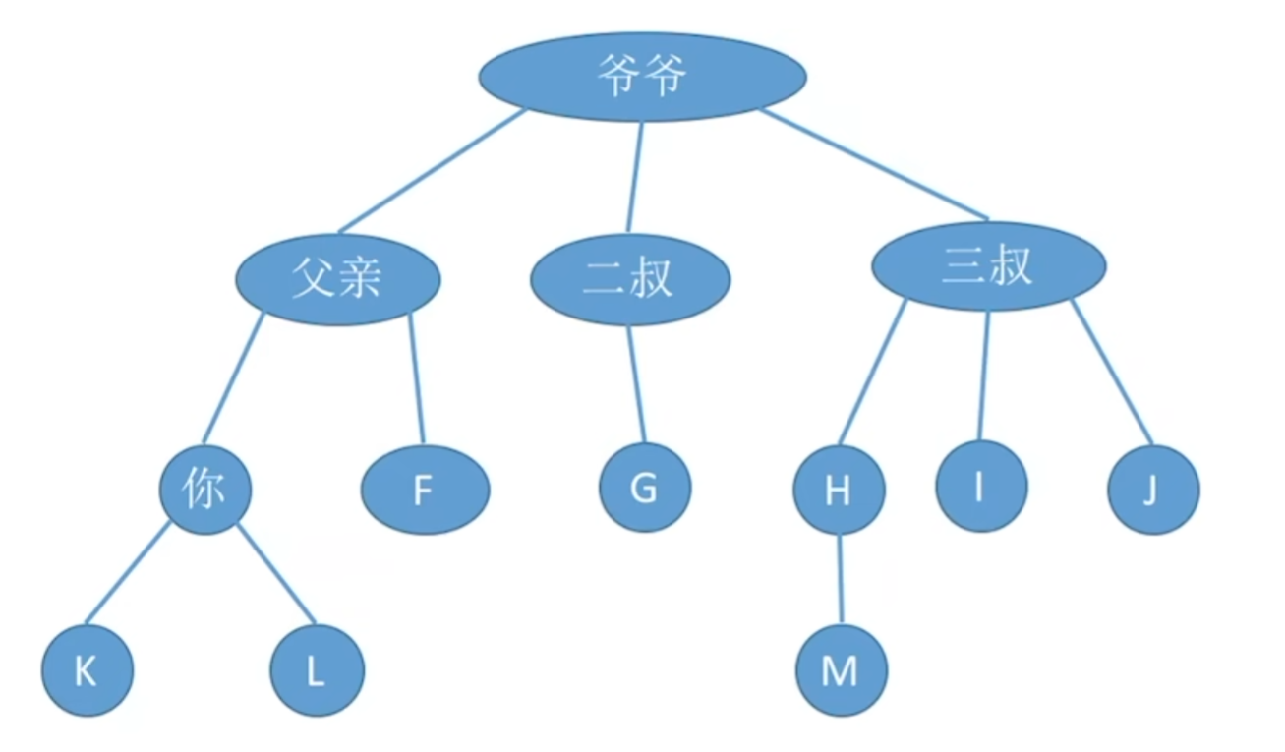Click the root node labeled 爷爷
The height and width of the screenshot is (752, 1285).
pyautogui.click(x=643, y=77)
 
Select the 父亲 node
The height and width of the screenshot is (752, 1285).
pyautogui.click(x=337, y=279)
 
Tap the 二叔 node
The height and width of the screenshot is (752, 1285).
pyautogui.click(x=630, y=279)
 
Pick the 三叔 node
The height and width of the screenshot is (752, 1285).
pyautogui.click(x=988, y=266)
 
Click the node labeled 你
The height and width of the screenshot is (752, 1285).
pyautogui.click(x=205, y=490)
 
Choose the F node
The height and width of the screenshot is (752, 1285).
pyautogui.click(x=425, y=491)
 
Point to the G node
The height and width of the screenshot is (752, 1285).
pyautogui.click(x=645, y=489)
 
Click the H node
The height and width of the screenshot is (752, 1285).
pyautogui.click(x=839, y=490)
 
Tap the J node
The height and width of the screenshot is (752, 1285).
pyautogui.click(x=1152, y=490)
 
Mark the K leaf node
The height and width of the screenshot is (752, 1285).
pyautogui.click(x=87, y=671)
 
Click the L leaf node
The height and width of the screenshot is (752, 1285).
pyautogui.click(x=317, y=671)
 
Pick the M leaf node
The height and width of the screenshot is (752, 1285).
pyautogui.click(x=841, y=671)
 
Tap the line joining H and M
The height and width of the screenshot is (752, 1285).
pyautogui.click(x=840, y=580)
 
